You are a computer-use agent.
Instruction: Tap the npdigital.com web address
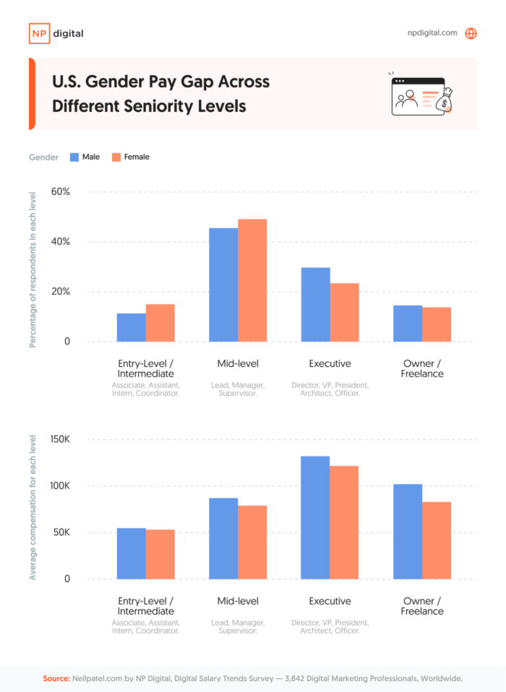click(432, 33)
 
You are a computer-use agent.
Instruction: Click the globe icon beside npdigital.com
click(471, 33)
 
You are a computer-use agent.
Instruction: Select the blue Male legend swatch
click(74, 157)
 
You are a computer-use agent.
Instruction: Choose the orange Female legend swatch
click(116, 157)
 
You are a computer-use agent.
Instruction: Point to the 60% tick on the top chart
click(60, 192)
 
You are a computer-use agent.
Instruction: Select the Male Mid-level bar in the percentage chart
click(223, 285)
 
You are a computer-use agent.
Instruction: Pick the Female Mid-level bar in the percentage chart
click(252, 280)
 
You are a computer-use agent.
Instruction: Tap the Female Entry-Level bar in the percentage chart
click(160, 323)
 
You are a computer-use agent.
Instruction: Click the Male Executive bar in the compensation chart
click(315, 517)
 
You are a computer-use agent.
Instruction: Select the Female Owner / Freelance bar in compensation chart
click(437, 540)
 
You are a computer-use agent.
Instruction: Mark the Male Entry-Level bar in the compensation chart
click(132, 553)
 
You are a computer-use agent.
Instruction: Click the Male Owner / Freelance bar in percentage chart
click(408, 324)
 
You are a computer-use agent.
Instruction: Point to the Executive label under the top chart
click(330, 363)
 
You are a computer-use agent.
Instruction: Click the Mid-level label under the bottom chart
click(238, 601)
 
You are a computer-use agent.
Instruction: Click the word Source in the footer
click(56, 679)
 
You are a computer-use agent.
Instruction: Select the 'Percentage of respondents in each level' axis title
click(33, 266)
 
